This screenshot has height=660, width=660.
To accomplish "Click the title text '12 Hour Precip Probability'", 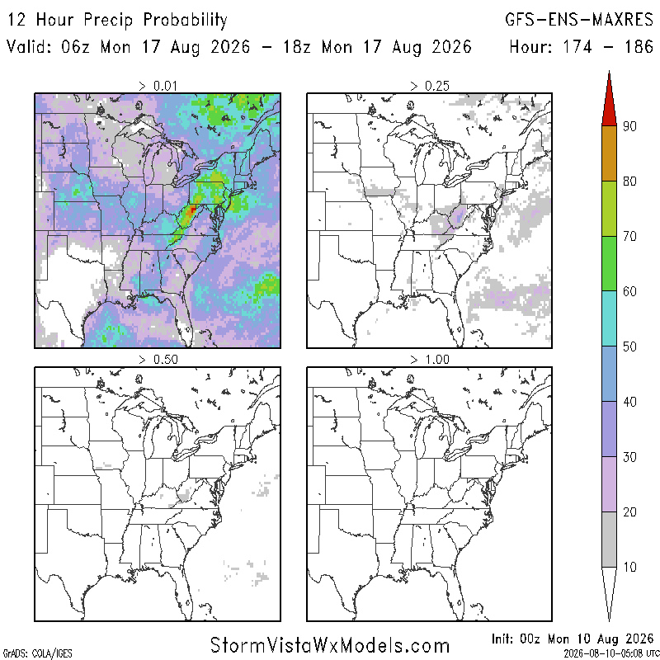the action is click(117, 20).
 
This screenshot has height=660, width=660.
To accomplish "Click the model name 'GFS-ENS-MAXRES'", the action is click(579, 19).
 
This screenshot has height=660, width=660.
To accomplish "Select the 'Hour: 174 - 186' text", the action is click(581, 46).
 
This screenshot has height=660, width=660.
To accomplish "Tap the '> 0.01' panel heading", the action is click(158, 86).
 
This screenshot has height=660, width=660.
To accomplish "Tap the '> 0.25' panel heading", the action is click(430, 86).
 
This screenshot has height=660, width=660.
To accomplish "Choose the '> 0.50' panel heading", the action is click(158, 360).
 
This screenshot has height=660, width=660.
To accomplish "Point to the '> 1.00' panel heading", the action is click(430, 360).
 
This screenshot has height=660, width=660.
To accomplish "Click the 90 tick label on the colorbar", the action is click(629, 126).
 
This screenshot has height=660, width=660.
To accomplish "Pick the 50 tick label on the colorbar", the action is click(629, 346).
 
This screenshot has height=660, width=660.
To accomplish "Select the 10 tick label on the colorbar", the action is click(629, 567).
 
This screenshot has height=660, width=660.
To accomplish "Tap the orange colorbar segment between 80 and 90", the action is click(609, 153).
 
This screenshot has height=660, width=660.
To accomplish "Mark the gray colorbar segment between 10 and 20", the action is click(609, 540).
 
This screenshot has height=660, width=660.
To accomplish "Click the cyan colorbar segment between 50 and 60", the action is click(609, 318).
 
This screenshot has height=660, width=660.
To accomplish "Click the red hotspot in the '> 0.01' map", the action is click(192, 210).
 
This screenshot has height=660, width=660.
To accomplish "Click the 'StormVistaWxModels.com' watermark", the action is click(330, 645).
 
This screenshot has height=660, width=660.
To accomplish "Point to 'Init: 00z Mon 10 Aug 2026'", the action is click(573, 639).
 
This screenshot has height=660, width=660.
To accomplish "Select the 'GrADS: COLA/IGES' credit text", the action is click(37, 653).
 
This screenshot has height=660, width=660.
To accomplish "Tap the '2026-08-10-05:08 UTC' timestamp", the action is click(611, 653).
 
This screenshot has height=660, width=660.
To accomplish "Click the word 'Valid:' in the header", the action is click(29, 46).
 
